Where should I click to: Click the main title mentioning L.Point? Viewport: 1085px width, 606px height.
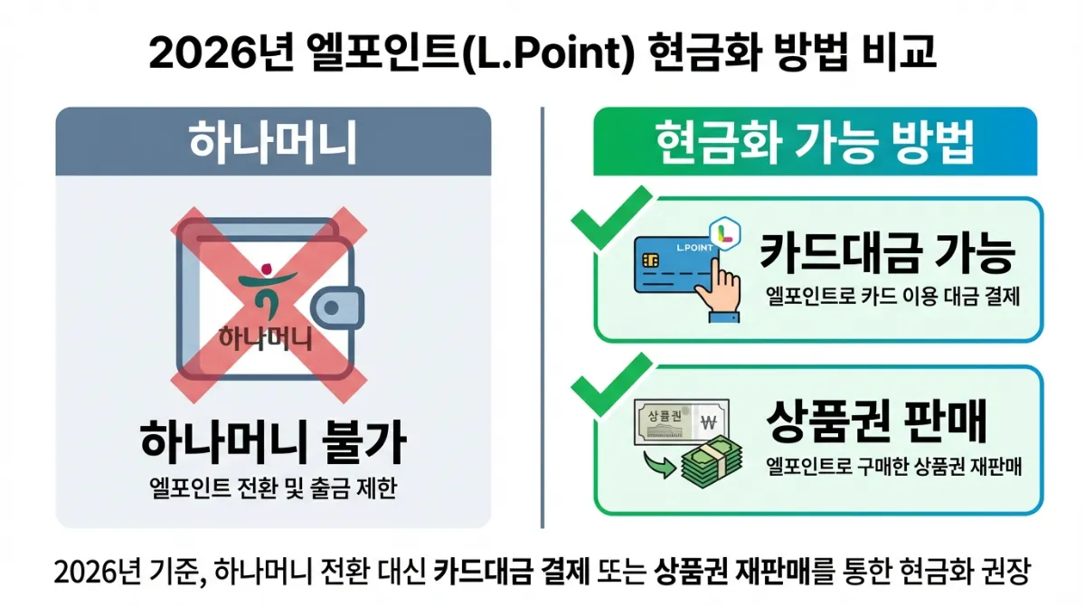(x=542, y=52)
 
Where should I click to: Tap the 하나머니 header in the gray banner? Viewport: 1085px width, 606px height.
(x=272, y=142)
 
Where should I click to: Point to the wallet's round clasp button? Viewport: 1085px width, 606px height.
(x=332, y=308)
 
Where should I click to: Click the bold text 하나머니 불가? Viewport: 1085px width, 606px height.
(x=273, y=442)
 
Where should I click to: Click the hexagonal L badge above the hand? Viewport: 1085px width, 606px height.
(x=722, y=233)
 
